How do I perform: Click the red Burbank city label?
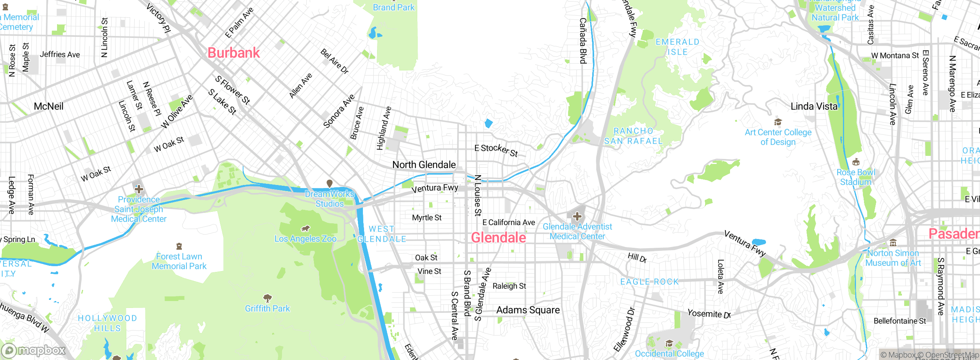[234, 53]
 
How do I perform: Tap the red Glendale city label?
[498, 238]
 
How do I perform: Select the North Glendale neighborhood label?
[424, 165]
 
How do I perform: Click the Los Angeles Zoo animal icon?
[305, 229]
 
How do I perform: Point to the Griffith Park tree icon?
[268, 298]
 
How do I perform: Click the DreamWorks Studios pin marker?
[329, 184]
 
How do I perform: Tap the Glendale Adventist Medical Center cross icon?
[577, 217]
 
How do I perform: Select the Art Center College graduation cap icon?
[778, 122]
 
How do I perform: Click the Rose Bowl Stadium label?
[856, 177]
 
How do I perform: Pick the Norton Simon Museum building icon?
[893, 243]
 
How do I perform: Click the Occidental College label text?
[669, 353]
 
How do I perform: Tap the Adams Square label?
[528, 310]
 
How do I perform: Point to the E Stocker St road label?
[496, 150]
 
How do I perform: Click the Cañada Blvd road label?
[583, 41]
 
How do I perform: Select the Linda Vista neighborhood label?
[814, 106]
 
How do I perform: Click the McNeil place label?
[49, 106]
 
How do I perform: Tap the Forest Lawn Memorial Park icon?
[179, 246]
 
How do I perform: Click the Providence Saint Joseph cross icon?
[139, 189]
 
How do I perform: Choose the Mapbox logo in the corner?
[34, 350]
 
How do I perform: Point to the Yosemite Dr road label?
[709, 314]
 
